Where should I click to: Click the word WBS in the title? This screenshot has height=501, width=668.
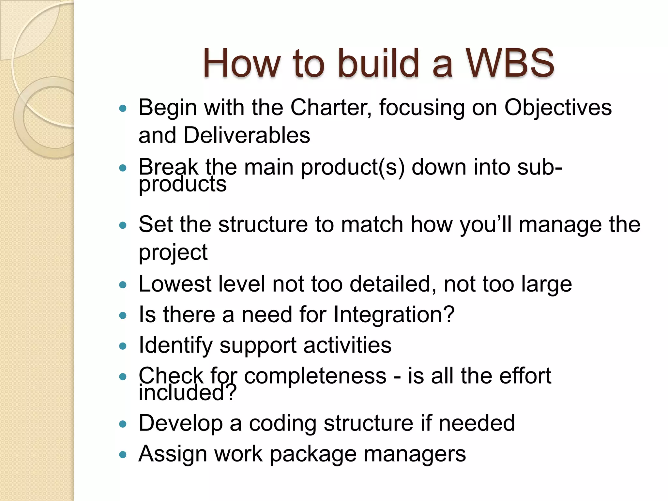click(509, 63)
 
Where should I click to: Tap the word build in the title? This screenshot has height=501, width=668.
click(378, 63)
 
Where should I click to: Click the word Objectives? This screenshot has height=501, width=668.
click(558, 108)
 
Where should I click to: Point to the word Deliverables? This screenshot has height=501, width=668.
click(247, 135)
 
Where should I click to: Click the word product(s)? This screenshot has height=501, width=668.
click(353, 167)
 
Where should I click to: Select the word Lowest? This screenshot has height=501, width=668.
click(175, 284)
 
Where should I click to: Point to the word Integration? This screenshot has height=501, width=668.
click(394, 315)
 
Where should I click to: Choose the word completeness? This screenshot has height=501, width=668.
click(315, 376)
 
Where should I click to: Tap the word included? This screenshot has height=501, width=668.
click(187, 393)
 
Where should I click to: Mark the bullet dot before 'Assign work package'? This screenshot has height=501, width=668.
click(123, 455)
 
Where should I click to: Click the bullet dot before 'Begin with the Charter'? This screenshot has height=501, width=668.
click(123, 108)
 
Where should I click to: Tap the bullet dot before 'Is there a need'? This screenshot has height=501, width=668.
click(123, 315)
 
